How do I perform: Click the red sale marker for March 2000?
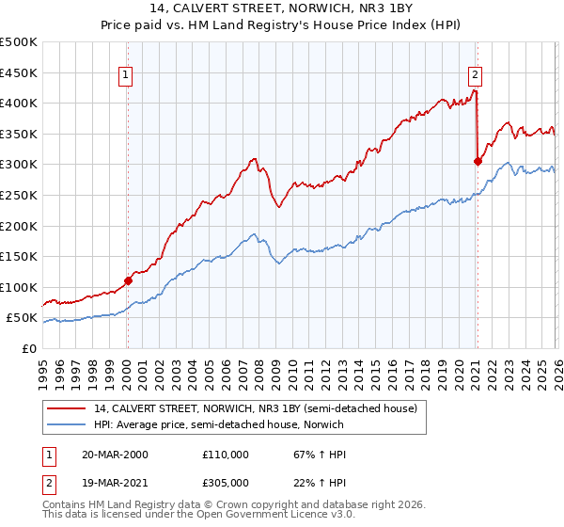[x=128, y=279]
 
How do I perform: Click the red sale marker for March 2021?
[x=478, y=161]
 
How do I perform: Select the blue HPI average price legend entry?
[x=218, y=424]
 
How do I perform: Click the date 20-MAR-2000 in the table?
[x=116, y=454]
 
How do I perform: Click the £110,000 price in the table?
[x=225, y=454]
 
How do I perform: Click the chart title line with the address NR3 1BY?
[x=282, y=10]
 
